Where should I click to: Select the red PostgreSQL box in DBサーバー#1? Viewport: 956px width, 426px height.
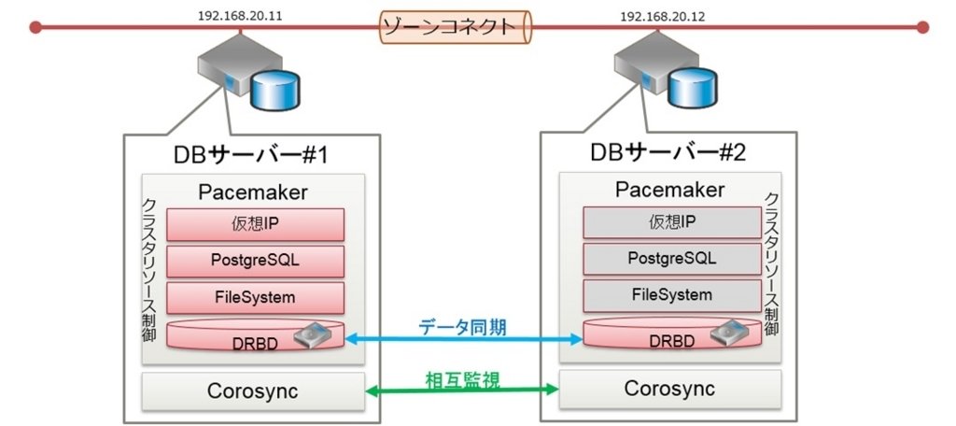255,261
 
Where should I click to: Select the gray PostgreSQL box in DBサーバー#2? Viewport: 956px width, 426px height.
671,258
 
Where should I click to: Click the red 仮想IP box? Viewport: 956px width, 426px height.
255,223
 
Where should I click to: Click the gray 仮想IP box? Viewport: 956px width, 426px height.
671,221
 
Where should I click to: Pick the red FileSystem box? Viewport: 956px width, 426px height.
255,297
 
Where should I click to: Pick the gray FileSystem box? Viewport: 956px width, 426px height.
671,295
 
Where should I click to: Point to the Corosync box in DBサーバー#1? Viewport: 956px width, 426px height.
252,391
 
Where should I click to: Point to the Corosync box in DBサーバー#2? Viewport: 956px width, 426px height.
669,389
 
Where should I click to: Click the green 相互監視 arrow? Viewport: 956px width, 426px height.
461,391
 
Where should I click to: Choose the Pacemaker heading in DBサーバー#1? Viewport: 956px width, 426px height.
254,192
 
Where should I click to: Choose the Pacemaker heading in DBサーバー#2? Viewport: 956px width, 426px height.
669,190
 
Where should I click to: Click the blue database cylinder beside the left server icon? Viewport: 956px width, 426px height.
278,89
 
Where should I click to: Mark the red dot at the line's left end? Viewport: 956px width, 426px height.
35,27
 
